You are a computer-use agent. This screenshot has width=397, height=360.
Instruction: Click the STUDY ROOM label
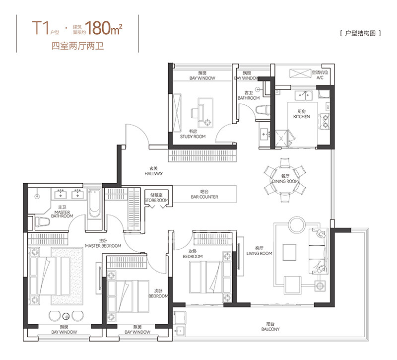[193, 137]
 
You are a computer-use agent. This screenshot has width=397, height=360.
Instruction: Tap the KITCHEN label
[301, 117]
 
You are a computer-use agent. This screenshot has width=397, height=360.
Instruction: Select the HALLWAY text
[153, 173]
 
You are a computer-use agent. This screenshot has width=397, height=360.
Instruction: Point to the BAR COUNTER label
[204, 197]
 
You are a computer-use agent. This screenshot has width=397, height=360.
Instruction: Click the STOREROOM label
[156, 200]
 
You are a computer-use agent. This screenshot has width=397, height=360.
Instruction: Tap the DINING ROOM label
[285, 181]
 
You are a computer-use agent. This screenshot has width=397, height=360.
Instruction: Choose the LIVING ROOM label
[259, 253]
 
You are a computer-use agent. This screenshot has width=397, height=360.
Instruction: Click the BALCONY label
[270, 329]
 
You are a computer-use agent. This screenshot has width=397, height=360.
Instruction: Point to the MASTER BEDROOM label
[103, 246]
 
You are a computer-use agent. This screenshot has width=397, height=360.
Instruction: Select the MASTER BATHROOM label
[62, 214]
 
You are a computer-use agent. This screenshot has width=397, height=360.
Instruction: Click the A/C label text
[320, 77]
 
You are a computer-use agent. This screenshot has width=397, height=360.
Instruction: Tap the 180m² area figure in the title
[104, 28]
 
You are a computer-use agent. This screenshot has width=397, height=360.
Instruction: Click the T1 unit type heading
[41, 28]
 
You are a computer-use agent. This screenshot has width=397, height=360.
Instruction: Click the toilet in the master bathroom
[42, 222]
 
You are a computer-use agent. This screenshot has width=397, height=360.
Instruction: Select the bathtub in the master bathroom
[94, 204]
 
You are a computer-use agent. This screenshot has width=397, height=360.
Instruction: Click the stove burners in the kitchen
[325, 121]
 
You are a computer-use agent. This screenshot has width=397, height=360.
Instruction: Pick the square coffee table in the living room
[289, 252]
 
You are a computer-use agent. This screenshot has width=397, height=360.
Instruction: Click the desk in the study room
[205, 113]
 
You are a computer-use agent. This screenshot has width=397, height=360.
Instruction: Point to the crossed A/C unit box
[300, 73]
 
